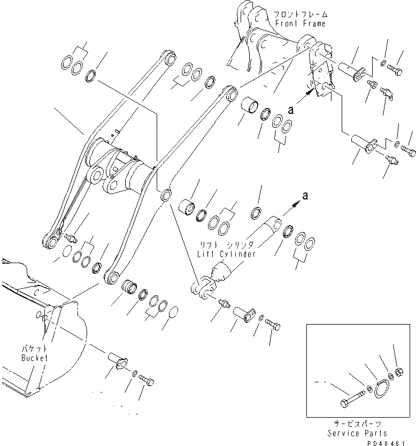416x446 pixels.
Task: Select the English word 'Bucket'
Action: pos(35,358)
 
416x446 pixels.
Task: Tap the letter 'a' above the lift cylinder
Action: pos(305,197)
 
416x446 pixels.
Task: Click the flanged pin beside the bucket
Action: pos(118,362)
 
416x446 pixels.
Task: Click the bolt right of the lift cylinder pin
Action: pos(272,325)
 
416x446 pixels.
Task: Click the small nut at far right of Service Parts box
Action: pos(399,371)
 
